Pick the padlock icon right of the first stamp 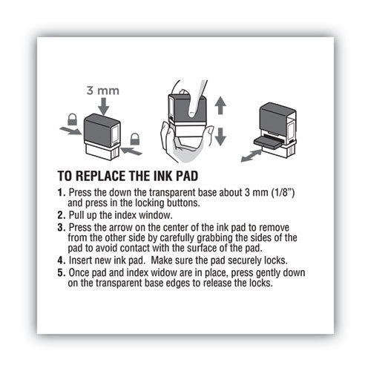pos(135,139)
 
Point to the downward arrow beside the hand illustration pos(219,135)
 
